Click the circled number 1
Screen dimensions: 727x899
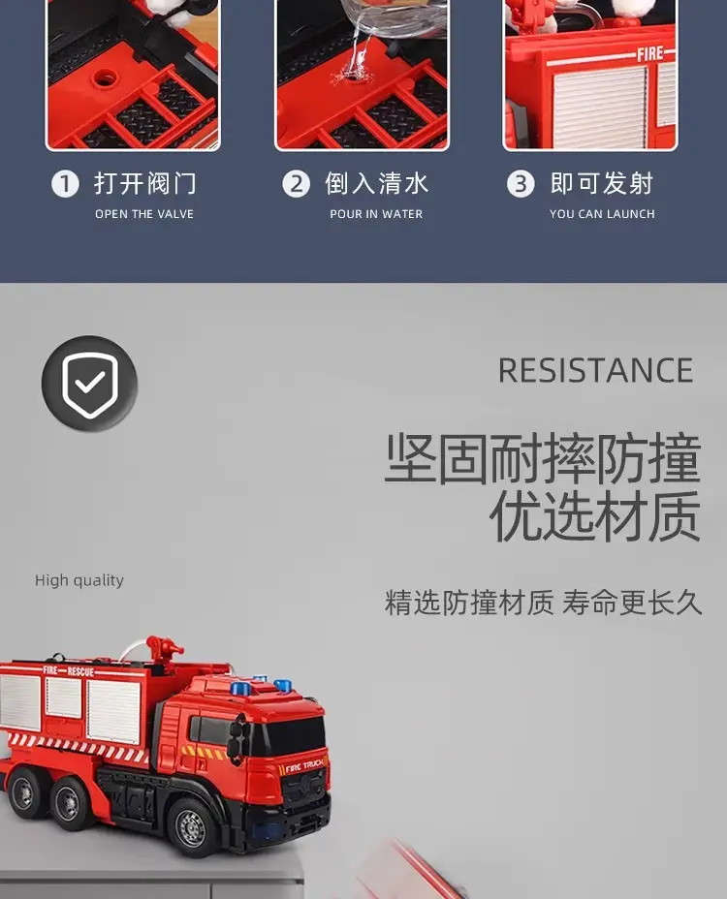point(65,184)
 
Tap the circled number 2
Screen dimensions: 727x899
point(296,184)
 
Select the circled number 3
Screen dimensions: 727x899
point(521,184)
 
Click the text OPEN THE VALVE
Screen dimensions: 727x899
point(144,214)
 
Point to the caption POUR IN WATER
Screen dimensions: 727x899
point(376,214)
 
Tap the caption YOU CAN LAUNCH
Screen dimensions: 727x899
point(602,214)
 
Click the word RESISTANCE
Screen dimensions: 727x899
point(595,370)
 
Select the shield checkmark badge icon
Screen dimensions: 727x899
point(89,384)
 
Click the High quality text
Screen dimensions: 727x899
point(79,580)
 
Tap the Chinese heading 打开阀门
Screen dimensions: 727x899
point(145,183)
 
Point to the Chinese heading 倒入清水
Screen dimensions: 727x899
point(376,183)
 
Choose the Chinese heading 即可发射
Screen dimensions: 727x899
point(602,183)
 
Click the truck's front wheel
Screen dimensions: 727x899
point(191,827)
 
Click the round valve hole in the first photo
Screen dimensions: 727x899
point(105,77)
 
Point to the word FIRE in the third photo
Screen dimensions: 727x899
point(649,54)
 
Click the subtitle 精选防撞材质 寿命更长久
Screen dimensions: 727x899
point(543,603)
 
